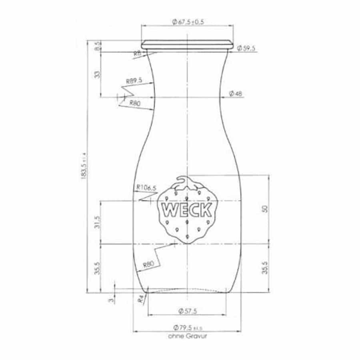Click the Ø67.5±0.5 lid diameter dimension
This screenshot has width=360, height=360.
click(188, 22)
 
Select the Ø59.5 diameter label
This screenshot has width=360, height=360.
click(246, 48)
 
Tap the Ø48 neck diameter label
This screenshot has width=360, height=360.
click(236, 94)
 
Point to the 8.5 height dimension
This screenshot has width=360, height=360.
click(96, 46)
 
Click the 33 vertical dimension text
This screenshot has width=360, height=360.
click(96, 74)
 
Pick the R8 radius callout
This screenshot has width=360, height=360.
click(138, 53)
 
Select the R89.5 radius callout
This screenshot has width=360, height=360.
click(134, 81)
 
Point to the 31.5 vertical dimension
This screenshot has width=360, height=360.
click(96, 222)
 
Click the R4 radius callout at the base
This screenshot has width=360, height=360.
click(140, 299)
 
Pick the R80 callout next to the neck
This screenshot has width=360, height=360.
click(134, 102)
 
